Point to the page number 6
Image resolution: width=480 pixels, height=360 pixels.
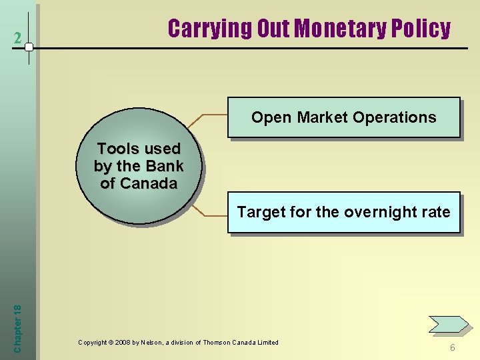point(453,347)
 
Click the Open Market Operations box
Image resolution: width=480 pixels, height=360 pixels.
point(343,117)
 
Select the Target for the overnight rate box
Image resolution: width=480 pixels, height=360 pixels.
point(343,213)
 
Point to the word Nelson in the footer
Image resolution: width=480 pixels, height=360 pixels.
point(154,343)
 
